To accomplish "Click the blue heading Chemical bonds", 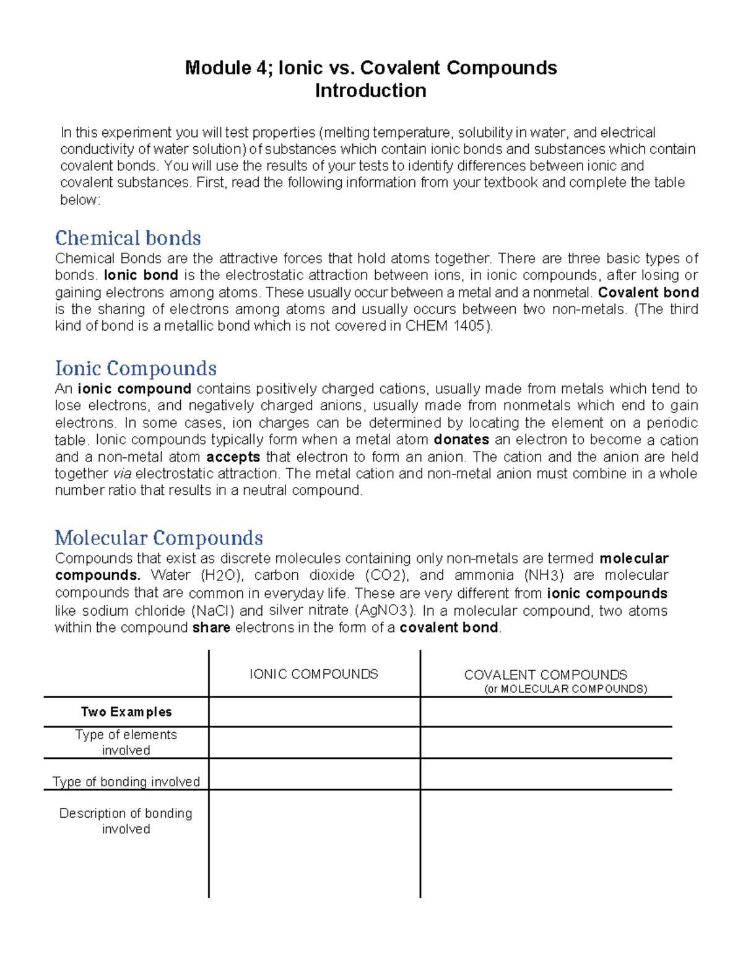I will pyautogui.click(x=128, y=238).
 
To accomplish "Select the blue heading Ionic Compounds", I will pyautogui.click(x=136, y=369).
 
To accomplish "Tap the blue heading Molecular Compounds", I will pyautogui.click(x=159, y=538).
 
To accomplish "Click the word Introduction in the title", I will pyautogui.click(x=370, y=91).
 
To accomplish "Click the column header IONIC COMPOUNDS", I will pyautogui.click(x=313, y=674).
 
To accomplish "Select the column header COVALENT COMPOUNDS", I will pyautogui.click(x=545, y=675).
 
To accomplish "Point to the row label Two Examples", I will pyautogui.click(x=126, y=712).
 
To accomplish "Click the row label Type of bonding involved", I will pyautogui.click(x=126, y=782).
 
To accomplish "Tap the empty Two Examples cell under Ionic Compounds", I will pyautogui.click(x=314, y=712).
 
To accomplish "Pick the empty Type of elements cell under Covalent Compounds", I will pyautogui.click(x=545, y=742).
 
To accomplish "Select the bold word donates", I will pyautogui.click(x=461, y=440).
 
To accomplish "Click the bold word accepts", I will pyautogui.click(x=233, y=457).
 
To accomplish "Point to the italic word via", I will pyautogui.click(x=122, y=474).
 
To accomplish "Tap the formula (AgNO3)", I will pyautogui.click(x=385, y=611).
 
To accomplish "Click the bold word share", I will pyautogui.click(x=211, y=627).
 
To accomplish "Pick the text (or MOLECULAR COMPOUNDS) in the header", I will pyautogui.click(x=565, y=689).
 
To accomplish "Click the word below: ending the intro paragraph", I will pyautogui.click(x=80, y=200).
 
